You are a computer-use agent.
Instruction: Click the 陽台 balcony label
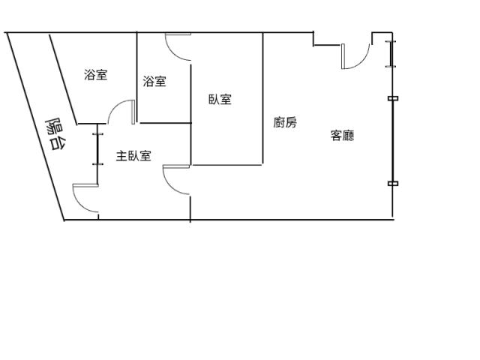point(55,134)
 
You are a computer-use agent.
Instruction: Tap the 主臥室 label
point(133,156)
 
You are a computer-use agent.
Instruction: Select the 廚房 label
point(285,122)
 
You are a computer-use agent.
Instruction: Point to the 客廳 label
point(342,136)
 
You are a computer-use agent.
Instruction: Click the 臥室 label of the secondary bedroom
point(220,100)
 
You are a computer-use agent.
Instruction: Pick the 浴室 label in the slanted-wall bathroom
point(95,75)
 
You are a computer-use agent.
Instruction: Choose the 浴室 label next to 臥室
point(154,82)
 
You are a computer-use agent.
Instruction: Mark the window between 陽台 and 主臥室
point(97,149)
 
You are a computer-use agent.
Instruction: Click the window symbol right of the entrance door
point(391,54)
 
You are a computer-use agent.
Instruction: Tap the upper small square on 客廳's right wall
point(393,98)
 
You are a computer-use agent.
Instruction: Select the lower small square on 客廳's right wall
point(393,184)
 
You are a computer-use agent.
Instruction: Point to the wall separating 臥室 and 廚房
point(262,98)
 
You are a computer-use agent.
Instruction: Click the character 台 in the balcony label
point(58,143)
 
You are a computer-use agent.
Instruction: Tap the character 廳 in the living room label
point(348,136)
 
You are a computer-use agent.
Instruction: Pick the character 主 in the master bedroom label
point(121,156)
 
